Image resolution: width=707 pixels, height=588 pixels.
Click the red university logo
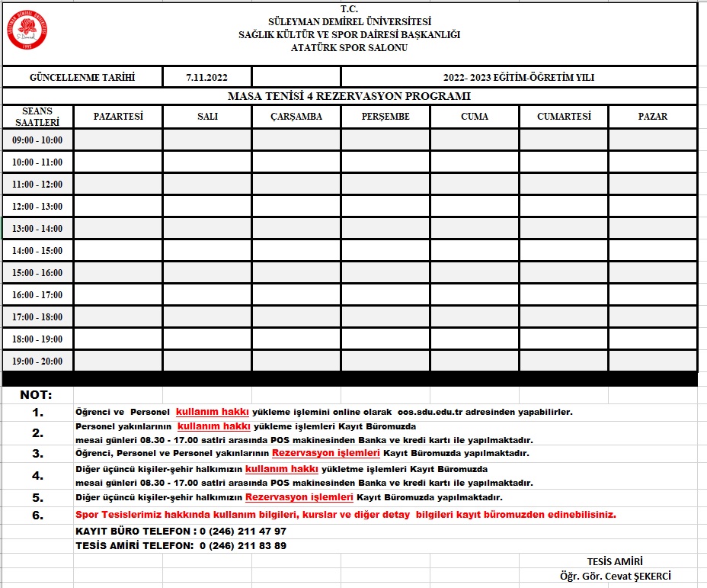tap(30, 29)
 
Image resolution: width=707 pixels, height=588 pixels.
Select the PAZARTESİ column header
tap(118, 117)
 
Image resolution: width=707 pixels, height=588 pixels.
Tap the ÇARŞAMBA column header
tap(296, 117)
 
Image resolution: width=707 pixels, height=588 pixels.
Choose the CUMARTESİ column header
tap(564, 117)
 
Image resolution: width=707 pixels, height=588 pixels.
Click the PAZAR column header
tap(653, 117)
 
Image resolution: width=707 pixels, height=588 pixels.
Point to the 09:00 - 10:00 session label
tap(37, 140)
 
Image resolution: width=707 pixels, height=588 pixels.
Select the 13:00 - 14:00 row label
tap(37, 229)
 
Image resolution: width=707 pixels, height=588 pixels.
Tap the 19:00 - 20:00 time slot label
tap(37, 361)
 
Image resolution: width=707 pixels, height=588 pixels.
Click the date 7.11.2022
tap(206, 78)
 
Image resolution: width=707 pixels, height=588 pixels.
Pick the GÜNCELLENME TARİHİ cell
tap(82, 78)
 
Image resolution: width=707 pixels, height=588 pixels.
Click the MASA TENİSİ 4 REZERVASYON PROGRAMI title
tap(349, 97)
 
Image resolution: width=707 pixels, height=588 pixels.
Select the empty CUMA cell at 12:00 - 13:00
tap(475, 207)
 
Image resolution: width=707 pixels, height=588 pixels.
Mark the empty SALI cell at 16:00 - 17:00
tap(207, 295)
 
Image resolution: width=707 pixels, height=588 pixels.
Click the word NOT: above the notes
tap(37, 395)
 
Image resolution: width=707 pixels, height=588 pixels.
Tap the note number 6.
tap(37, 515)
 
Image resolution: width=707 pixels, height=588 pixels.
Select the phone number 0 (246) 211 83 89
tap(243, 546)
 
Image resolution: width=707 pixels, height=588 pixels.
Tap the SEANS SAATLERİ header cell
tap(37, 117)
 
